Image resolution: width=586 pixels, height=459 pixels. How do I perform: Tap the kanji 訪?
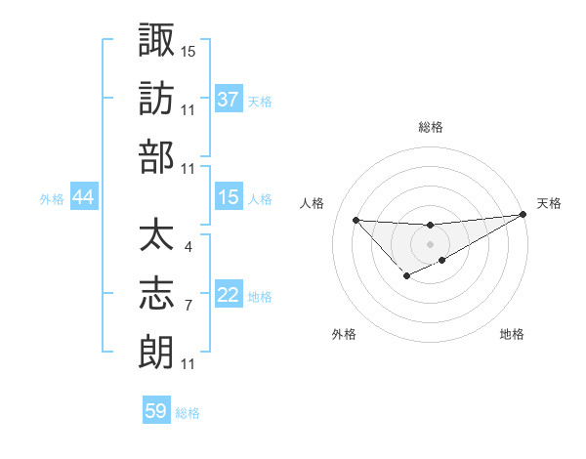click(156, 98)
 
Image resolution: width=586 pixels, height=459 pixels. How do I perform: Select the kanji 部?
click(156, 157)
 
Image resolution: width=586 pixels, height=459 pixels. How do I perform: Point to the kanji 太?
click(156, 235)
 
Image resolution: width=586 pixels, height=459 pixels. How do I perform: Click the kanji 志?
click(156, 293)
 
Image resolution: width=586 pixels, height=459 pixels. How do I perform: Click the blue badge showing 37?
click(229, 100)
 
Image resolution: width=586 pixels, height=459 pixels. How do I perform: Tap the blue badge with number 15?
click(229, 198)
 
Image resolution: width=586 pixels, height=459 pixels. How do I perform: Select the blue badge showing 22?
click(229, 296)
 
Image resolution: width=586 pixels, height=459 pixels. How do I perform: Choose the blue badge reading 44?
click(84, 198)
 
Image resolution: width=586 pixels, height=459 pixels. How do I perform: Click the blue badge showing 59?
click(156, 411)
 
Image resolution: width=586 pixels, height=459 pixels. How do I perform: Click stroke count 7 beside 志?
click(188, 306)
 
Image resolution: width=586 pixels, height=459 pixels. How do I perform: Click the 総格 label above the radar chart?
click(430, 127)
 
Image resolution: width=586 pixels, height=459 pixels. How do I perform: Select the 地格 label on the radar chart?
click(512, 334)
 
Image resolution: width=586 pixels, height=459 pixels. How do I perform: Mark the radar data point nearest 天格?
click(523, 214)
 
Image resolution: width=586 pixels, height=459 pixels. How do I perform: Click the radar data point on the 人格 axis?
click(356, 219)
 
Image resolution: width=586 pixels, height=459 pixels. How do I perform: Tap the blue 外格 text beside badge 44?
click(52, 199)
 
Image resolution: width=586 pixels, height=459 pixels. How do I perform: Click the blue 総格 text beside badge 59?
click(188, 413)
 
